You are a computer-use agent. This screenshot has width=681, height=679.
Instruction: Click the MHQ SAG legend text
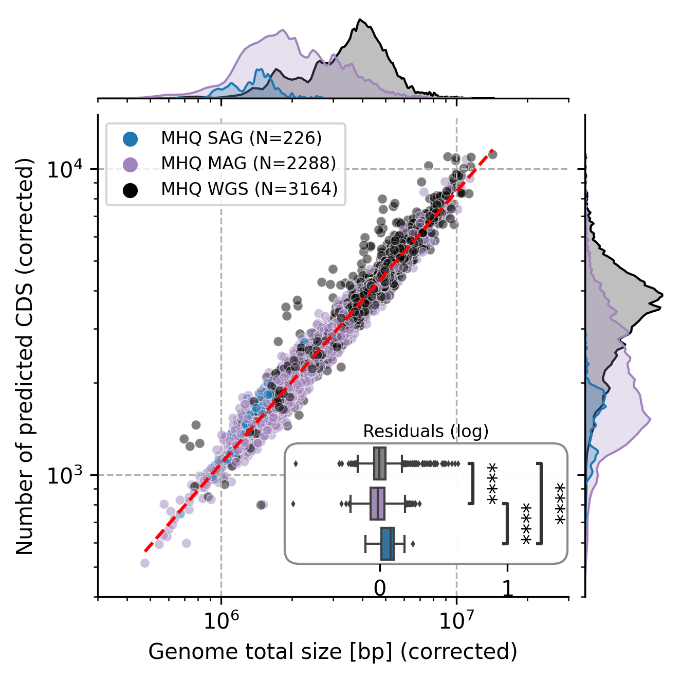pyautogui.click(x=241, y=138)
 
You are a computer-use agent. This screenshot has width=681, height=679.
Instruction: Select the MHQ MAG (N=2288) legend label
pyautogui.click(x=248, y=163)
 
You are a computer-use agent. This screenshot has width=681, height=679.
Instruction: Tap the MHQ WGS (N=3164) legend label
pyautogui.click(x=249, y=189)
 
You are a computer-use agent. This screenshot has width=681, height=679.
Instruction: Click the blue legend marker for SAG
pyautogui.click(x=131, y=138)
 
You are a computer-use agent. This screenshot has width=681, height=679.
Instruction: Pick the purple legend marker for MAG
pyautogui.click(x=131, y=164)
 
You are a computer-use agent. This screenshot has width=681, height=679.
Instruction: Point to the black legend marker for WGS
pyautogui.click(x=131, y=189)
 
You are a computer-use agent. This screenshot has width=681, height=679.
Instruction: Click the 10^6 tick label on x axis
pyautogui.click(x=221, y=622)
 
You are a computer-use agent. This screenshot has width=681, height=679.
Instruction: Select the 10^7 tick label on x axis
pyautogui.click(x=456, y=622)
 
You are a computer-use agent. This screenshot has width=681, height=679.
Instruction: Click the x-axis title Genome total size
pyautogui.click(x=333, y=652)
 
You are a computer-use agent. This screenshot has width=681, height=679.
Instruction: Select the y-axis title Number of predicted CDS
pyautogui.click(x=24, y=356)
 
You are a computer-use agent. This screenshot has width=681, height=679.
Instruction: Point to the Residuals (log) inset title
pyautogui.click(x=426, y=431)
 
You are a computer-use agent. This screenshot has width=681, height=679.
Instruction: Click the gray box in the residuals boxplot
pyautogui.click(x=380, y=464)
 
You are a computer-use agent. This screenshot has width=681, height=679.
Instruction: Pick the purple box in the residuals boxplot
pyautogui.click(x=377, y=504)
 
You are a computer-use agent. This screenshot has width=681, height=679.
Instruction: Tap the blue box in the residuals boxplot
pyautogui.click(x=388, y=544)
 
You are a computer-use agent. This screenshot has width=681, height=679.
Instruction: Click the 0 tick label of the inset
pyautogui.click(x=380, y=588)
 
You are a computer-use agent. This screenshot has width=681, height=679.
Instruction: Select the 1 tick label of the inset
pyautogui.click(x=507, y=588)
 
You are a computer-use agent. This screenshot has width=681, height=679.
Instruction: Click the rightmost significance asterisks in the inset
pyautogui.click(x=560, y=504)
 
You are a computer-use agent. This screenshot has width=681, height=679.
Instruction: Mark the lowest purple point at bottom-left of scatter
pyautogui.click(x=145, y=563)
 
